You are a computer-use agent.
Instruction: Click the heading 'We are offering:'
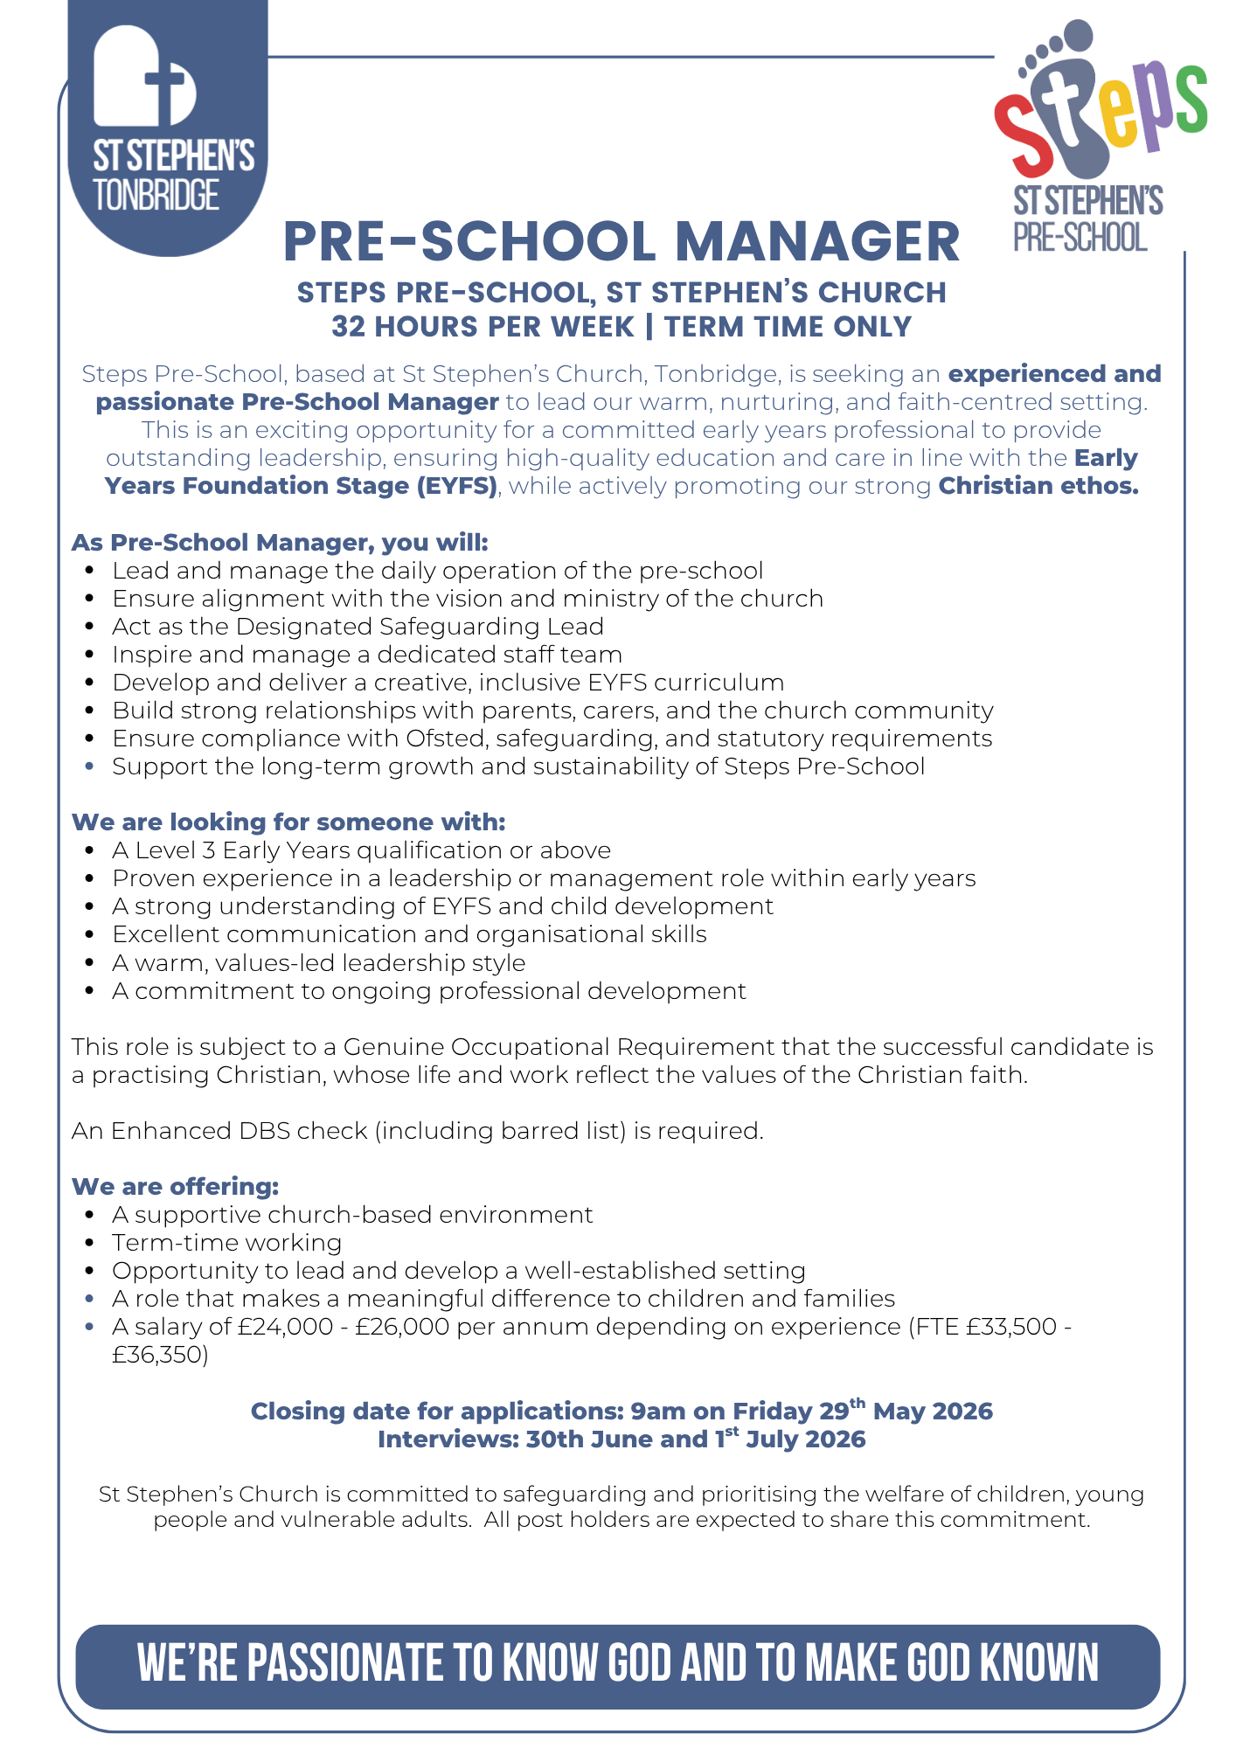175,1186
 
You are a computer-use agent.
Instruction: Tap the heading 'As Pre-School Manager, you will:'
280,542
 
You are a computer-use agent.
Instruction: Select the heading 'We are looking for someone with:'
288,822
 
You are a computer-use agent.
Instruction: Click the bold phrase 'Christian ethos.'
1038,486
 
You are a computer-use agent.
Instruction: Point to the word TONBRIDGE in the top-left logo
156,195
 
